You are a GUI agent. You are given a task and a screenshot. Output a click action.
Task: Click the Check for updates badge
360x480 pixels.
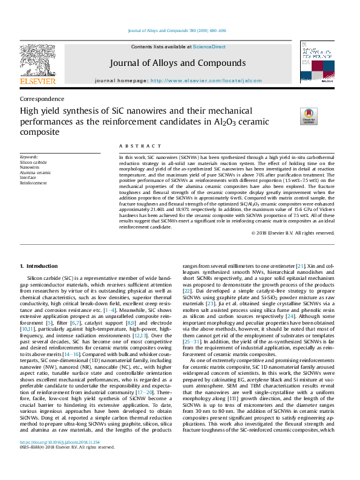click(x=309, y=116)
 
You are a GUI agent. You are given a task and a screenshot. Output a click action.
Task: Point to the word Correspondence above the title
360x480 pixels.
click(x=42, y=99)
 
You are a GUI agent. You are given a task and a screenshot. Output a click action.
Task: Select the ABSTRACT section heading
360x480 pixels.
click(x=136, y=146)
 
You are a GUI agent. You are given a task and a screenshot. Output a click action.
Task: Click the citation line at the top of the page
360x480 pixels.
click(x=180, y=31)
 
